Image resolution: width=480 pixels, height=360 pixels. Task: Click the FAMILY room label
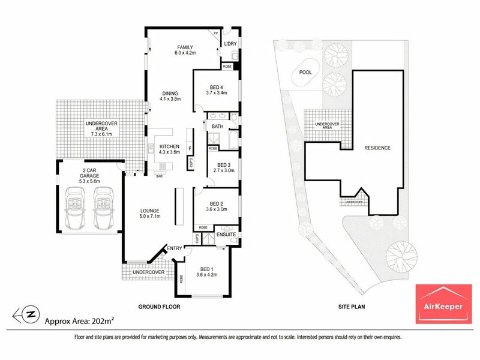click(185, 47)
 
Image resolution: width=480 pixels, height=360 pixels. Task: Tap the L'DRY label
click(230, 44)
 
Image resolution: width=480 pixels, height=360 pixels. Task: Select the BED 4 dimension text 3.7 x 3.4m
click(217, 93)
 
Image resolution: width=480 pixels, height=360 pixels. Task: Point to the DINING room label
click(170, 94)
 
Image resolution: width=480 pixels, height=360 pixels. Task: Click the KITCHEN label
click(169, 146)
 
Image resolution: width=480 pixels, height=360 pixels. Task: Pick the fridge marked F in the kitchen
click(190, 149)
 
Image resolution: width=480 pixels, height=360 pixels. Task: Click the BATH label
click(217, 127)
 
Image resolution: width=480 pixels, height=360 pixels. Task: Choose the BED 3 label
click(224, 165)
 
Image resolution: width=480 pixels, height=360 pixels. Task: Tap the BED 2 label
click(217, 204)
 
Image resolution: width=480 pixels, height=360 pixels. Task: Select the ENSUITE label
click(226, 235)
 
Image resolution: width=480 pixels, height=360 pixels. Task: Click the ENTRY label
click(175, 248)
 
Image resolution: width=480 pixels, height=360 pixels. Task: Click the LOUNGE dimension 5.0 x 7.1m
click(150, 216)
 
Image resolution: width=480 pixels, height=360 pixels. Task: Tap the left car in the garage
click(75, 208)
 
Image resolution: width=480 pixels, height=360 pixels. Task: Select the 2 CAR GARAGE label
click(89, 173)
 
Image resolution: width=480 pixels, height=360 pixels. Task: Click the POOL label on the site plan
click(305, 72)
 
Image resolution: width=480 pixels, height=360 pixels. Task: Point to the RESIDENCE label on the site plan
click(377, 148)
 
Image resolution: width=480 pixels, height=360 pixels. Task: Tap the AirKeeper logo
click(443, 304)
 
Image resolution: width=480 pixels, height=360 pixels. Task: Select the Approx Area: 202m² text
click(80, 321)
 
